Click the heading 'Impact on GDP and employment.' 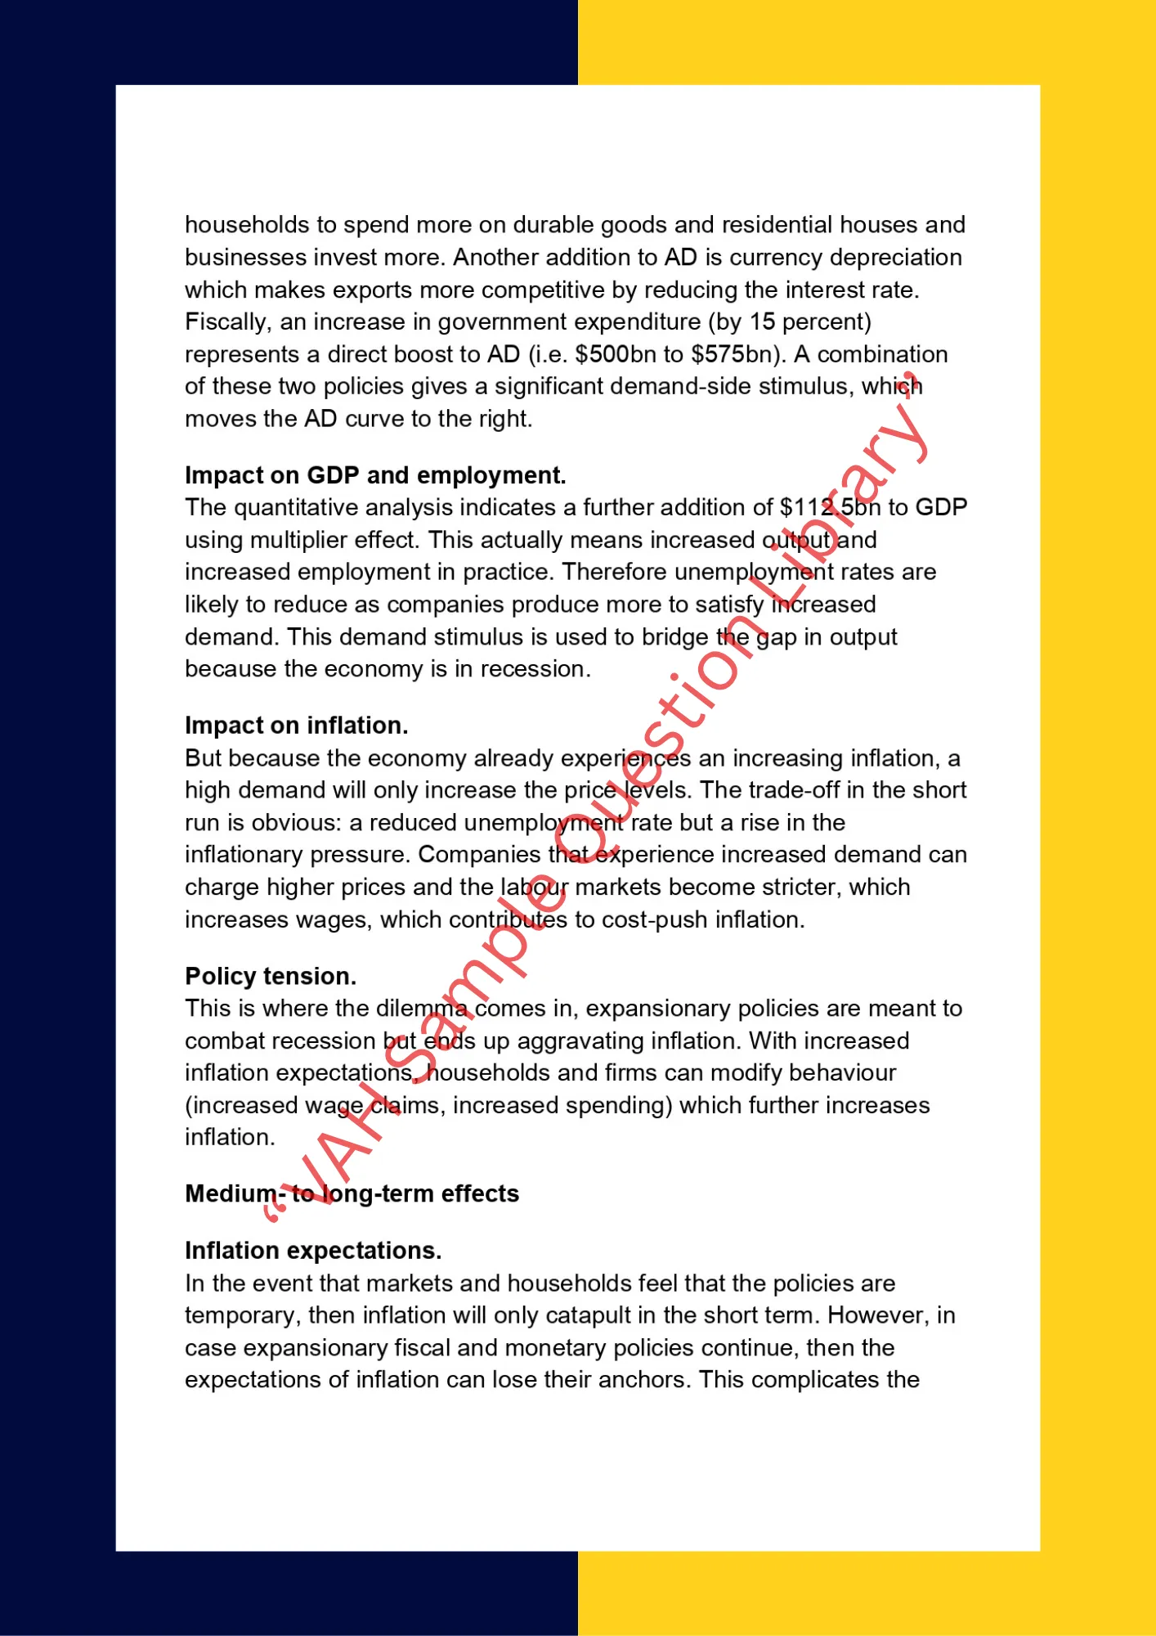point(375,475)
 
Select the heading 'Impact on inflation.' point(296,726)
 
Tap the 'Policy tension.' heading point(271,976)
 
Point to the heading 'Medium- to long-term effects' point(352,1193)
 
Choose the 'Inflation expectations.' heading point(313,1251)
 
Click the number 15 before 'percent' point(762,321)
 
